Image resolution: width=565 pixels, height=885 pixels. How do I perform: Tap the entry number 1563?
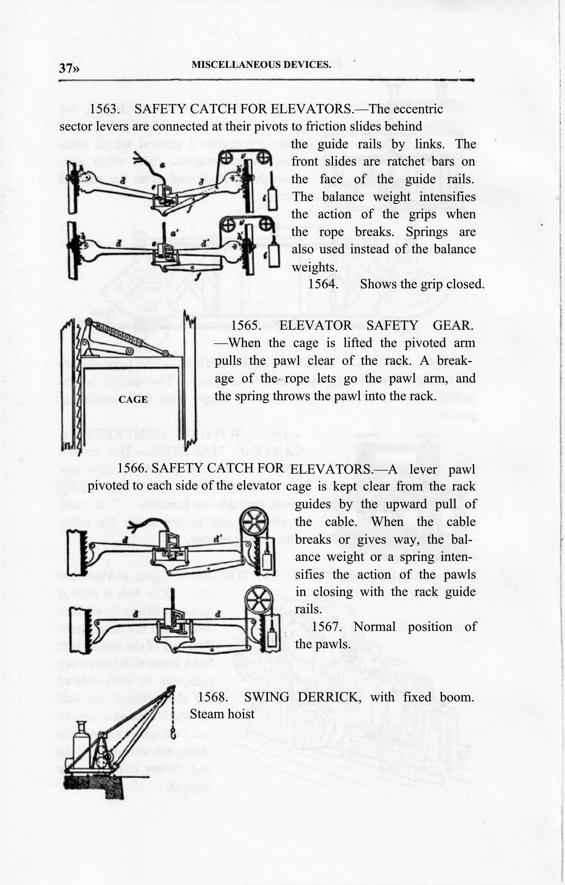pos(104,109)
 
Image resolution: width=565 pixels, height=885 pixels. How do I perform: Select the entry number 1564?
pos(323,284)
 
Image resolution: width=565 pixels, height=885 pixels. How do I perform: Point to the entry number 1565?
pos(246,325)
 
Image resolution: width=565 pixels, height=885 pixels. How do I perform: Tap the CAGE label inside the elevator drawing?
pos(133,400)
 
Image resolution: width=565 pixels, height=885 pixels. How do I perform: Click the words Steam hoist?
pos(222,714)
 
